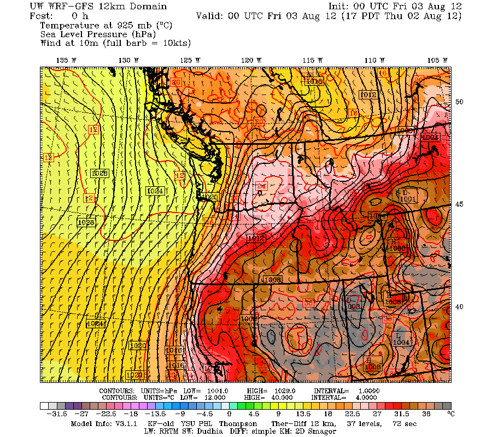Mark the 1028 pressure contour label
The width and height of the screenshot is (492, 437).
click(99, 173)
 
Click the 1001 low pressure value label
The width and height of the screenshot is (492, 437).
click(408, 199)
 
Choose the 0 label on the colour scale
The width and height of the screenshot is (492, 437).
click(229, 415)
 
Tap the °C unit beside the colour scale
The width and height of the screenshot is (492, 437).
click(451, 415)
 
